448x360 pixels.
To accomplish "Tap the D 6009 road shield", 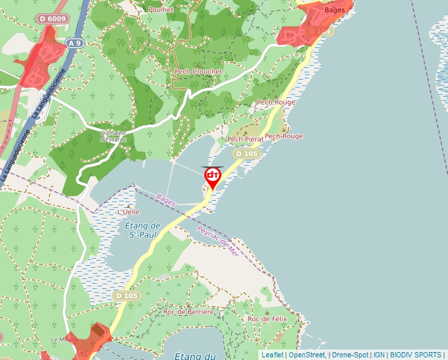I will pos(52,19).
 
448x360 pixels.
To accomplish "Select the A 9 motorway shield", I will pos(76,43).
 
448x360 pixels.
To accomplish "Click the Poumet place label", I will pos(161,10).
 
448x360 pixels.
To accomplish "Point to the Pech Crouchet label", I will pos(198,71).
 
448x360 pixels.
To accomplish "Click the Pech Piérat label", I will pos(245,140).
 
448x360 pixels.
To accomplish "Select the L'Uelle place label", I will pos(129,212).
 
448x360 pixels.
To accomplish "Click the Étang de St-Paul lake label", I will pos(143,230).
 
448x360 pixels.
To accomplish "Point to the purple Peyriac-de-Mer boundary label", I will pos(217,241).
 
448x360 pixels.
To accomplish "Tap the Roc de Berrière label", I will pos(189,312).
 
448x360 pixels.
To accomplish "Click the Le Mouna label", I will pos(65,340).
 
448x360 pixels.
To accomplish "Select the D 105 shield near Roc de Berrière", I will pos(126,296).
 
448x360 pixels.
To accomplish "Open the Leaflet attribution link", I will pos(272,355).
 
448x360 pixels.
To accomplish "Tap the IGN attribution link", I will pos(379,355).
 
